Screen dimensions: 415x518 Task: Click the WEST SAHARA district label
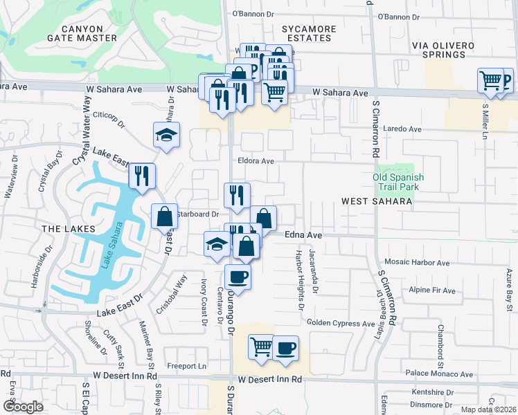376,201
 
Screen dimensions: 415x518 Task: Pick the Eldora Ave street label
257,160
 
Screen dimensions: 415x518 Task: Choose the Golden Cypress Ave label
340,323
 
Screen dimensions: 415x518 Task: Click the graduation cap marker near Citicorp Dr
166,135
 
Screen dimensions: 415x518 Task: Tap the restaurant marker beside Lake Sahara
141,176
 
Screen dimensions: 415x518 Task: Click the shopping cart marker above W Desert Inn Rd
261,347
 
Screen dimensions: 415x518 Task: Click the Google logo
24,407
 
